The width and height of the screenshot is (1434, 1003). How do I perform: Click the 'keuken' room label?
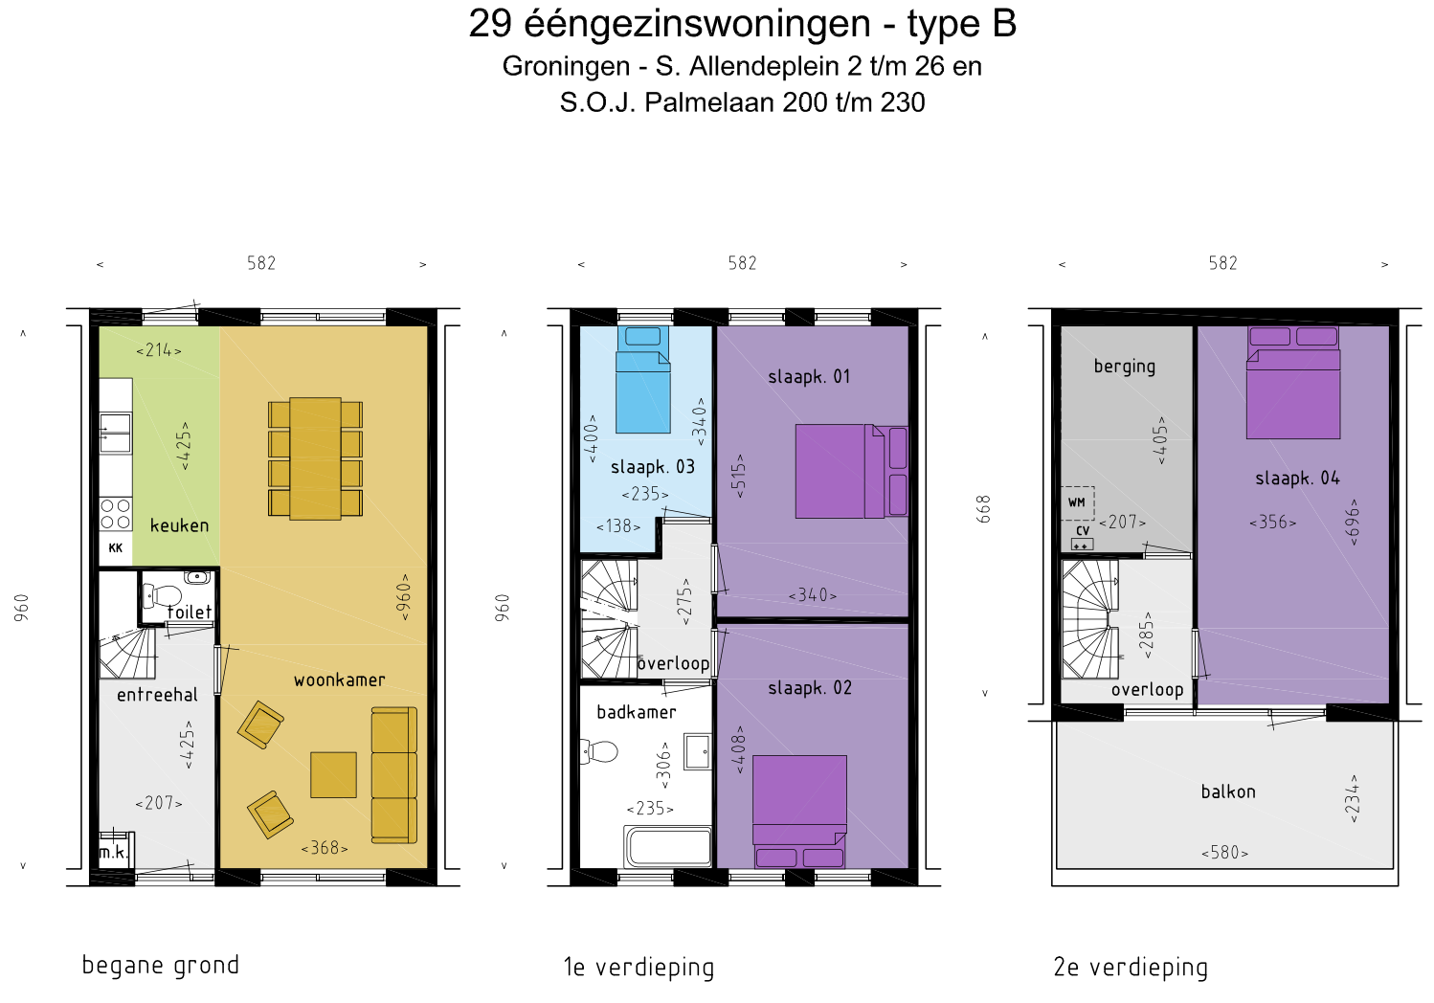click(179, 525)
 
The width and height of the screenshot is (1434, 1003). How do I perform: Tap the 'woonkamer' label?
click(339, 680)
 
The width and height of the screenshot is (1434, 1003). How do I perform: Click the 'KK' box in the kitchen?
click(116, 548)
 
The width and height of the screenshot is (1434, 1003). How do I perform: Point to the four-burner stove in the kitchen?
click(116, 514)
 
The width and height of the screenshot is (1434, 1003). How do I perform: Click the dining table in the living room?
click(315, 458)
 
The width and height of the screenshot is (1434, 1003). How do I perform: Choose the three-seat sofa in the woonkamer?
click(394, 775)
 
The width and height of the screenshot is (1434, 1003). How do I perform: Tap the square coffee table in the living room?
click(333, 774)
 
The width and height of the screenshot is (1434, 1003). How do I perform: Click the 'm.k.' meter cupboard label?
click(113, 853)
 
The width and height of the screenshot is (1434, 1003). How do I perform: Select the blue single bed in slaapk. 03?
click(642, 380)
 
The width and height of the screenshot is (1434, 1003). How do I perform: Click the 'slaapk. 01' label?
click(809, 376)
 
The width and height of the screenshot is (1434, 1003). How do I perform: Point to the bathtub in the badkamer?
click(668, 846)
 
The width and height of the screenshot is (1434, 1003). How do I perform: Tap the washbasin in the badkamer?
click(697, 750)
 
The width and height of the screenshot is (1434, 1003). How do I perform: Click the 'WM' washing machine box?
click(1078, 502)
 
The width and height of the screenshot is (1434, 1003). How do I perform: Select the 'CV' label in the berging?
click(1083, 530)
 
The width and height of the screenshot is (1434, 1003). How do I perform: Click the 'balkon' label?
click(1228, 791)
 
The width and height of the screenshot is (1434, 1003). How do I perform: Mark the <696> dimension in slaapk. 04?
click(1354, 523)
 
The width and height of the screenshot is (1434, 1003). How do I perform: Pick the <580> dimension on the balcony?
click(1224, 853)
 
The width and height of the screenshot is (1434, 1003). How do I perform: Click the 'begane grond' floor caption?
click(161, 966)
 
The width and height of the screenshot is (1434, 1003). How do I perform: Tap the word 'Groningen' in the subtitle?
click(567, 67)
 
